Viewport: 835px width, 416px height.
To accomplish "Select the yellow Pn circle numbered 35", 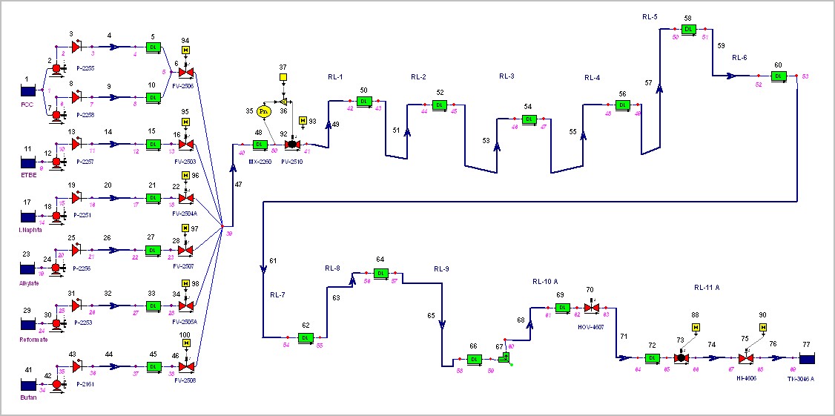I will coord(263,112).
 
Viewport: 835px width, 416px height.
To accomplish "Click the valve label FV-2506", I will coord(183,86).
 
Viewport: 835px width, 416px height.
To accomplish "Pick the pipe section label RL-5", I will coord(650,16).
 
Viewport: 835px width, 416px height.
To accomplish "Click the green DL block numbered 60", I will coord(778,76).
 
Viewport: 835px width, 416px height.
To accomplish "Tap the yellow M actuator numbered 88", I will coord(696,327).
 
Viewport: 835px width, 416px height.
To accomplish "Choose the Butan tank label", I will coord(29,397).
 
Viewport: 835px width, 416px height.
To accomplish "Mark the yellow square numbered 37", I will coord(283,79).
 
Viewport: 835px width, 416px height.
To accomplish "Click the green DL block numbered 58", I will coord(688,29).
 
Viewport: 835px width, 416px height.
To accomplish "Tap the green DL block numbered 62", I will coord(306,337).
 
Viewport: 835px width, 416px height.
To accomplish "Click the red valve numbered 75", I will coord(746,358).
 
